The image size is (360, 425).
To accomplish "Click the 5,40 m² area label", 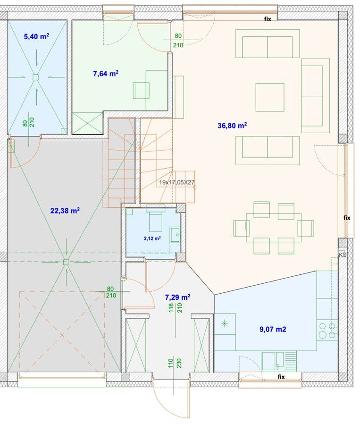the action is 37,36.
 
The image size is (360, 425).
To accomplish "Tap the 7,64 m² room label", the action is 106,74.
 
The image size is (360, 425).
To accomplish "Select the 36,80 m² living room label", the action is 232,126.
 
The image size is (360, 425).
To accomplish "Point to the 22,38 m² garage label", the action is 65,211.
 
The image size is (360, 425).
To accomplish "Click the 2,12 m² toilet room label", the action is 152,238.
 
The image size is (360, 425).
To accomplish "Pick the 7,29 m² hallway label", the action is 177,297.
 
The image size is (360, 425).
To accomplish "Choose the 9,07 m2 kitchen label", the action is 273,329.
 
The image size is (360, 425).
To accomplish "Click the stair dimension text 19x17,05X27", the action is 176,182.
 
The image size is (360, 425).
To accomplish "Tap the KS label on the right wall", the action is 343,255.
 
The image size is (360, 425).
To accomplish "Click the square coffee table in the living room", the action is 270,97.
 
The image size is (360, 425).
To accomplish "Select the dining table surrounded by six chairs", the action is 274,228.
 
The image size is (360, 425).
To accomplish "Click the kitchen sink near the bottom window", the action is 273,361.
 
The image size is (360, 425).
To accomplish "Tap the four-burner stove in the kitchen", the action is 327,331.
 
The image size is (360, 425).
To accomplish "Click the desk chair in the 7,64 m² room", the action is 141,91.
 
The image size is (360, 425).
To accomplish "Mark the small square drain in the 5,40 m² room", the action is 35,77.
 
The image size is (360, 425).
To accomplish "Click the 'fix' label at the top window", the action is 268,19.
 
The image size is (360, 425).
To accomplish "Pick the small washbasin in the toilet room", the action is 175,234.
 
